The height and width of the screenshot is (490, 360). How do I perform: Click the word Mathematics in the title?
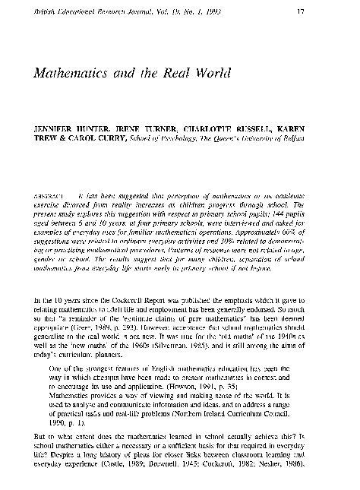point(70,74)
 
